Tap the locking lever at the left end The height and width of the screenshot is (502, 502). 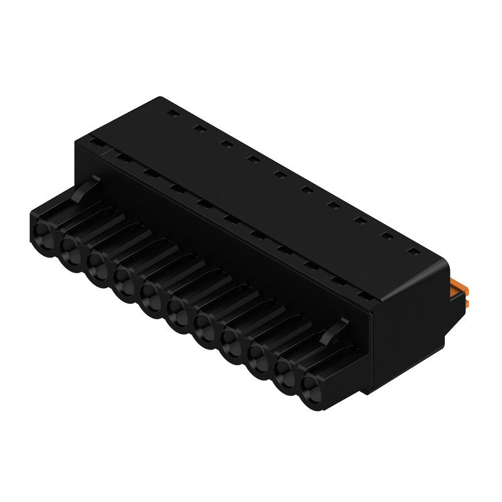[86, 188]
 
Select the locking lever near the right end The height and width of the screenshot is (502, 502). [336, 330]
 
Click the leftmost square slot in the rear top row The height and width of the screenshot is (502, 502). [171, 114]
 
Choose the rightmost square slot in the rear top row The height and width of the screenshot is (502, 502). [413, 252]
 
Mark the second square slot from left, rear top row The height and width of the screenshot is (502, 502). [199, 129]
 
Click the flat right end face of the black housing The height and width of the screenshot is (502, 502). [408, 339]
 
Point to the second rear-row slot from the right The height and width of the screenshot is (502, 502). [387, 237]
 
